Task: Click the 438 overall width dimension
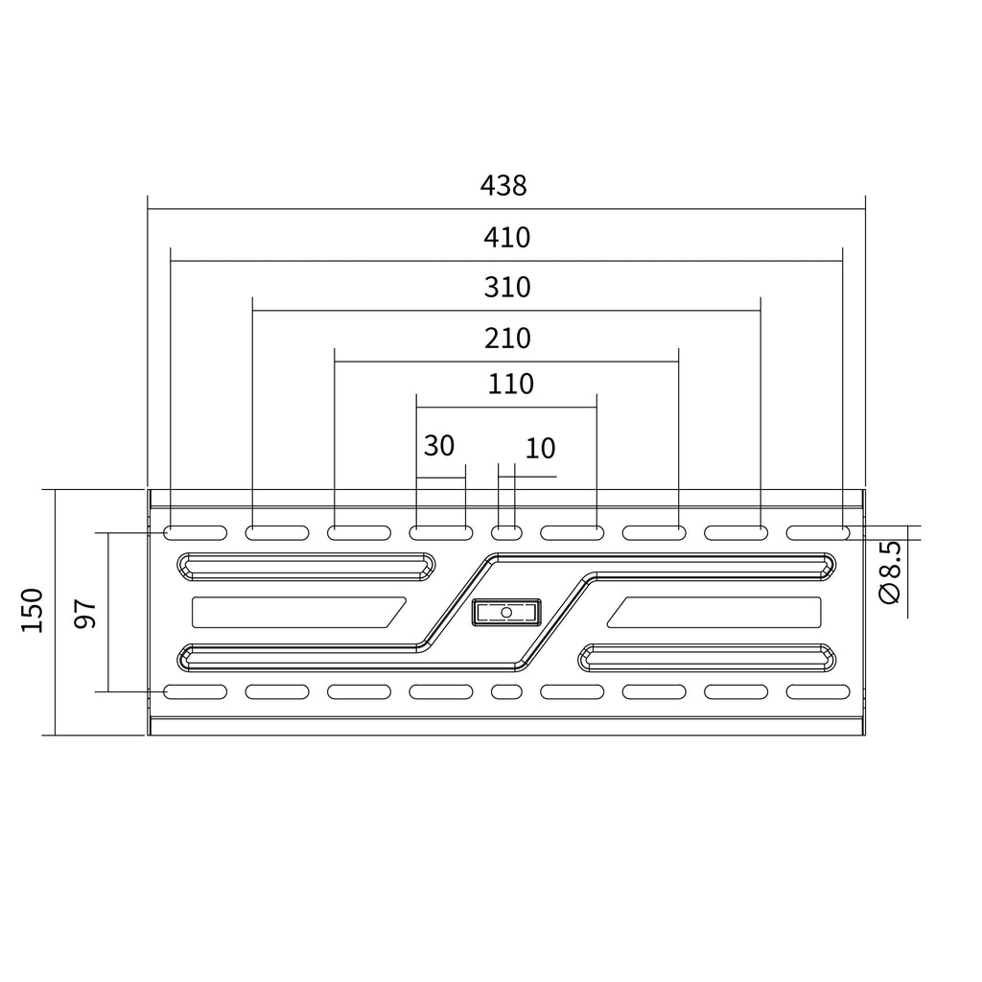click(x=503, y=186)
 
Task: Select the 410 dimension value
click(x=506, y=238)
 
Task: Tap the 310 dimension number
click(x=507, y=288)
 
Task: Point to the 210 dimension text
click(x=507, y=339)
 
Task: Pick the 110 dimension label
click(x=510, y=384)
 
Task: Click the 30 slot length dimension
click(x=439, y=446)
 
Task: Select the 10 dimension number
click(x=540, y=449)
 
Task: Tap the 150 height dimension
click(x=32, y=611)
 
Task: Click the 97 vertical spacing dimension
click(x=85, y=613)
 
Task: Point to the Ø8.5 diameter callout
click(x=890, y=573)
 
